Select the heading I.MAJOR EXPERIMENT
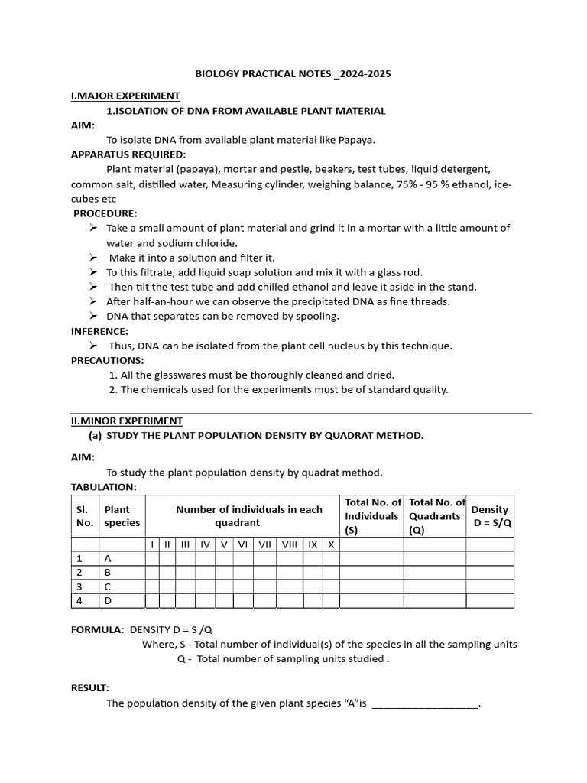point(125,96)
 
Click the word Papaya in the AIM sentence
point(356,140)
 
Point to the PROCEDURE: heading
point(105,213)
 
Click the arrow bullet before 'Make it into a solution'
point(92,258)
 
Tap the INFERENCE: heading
point(99,331)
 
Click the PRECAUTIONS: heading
point(107,360)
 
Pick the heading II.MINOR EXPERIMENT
point(127,421)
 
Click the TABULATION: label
point(104,487)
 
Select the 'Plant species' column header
point(122,516)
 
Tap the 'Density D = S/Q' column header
point(489,516)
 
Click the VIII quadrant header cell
point(290,544)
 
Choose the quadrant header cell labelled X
point(331,544)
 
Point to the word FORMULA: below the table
point(98,629)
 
